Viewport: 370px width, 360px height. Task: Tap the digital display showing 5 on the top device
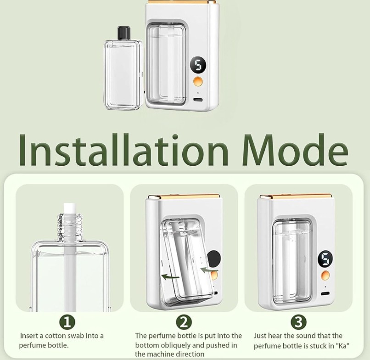[x=198, y=65]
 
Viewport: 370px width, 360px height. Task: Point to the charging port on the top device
[x=198, y=100]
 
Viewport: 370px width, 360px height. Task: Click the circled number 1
[x=67, y=322]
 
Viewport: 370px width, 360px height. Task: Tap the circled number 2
[x=184, y=322]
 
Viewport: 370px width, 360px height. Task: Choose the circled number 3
[x=298, y=322]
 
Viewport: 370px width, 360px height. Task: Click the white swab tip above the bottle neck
[x=70, y=208]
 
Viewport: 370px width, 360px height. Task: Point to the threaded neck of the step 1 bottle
[x=70, y=227]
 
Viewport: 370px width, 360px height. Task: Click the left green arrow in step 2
[x=170, y=276]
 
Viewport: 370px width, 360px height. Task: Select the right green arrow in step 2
[x=209, y=270]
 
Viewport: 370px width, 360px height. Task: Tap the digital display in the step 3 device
[x=325, y=259]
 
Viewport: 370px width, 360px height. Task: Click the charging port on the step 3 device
[x=325, y=294]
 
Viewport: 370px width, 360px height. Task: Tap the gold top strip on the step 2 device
[x=184, y=197]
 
